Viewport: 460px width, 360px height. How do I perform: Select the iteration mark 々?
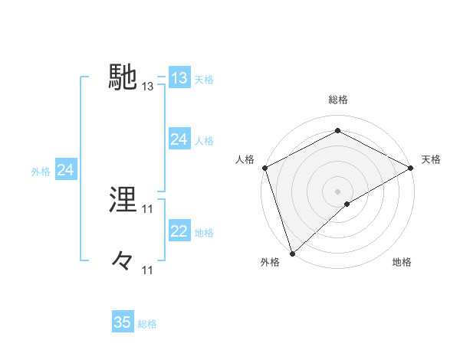(123, 261)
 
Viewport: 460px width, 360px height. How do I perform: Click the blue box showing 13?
(179, 78)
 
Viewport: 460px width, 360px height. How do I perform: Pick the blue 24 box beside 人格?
(179, 139)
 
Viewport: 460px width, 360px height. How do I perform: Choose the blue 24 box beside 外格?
(66, 170)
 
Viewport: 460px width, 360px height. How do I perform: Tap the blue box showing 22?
(179, 231)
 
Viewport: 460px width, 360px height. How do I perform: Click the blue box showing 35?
(123, 322)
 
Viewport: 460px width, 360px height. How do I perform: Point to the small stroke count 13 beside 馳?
(148, 87)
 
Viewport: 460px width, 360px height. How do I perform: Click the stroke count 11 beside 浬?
(148, 208)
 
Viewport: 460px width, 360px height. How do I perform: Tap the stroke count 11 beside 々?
(148, 270)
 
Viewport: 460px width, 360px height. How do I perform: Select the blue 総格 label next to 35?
(148, 324)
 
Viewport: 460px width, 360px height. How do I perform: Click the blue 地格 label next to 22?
(204, 233)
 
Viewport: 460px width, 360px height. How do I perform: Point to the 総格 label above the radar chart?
(337, 100)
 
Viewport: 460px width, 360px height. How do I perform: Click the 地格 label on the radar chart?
(402, 263)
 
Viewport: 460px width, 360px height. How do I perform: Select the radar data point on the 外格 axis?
(292, 253)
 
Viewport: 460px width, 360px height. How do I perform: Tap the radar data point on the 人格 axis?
(264, 167)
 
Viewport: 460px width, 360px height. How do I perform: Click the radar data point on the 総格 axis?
(337, 130)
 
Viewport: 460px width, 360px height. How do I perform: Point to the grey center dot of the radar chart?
(337, 191)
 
